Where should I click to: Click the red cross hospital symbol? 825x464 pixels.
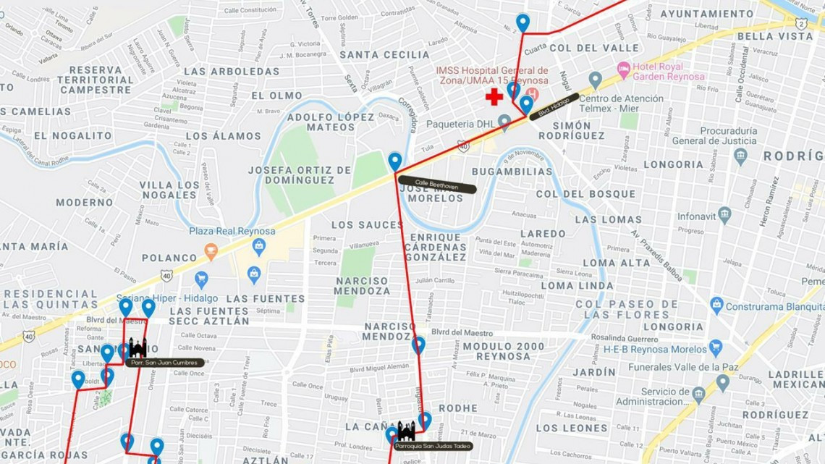(x=494, y=97)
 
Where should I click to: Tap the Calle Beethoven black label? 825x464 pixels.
(x=436, y=185)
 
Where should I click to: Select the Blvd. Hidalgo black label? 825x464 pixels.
(x=554, y=107)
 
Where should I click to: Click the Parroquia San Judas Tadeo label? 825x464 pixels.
(x=433, y=446)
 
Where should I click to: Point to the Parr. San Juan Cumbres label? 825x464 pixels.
(x=164, y=363)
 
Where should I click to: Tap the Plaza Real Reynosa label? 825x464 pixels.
(x=232, y=231)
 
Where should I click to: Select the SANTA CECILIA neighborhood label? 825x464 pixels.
(x=384, y=54)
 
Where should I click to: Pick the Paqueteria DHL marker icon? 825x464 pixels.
(x=505, y=122)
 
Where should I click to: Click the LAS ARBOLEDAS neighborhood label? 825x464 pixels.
(x=232, y=72)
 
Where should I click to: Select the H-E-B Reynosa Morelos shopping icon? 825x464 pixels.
(x=716, y=347)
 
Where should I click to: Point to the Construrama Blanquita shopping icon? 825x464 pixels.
(x=716, y=305)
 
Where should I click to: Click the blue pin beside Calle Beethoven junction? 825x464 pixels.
(x=395, y=161)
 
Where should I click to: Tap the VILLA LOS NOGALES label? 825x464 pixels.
(x=169, y=190)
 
